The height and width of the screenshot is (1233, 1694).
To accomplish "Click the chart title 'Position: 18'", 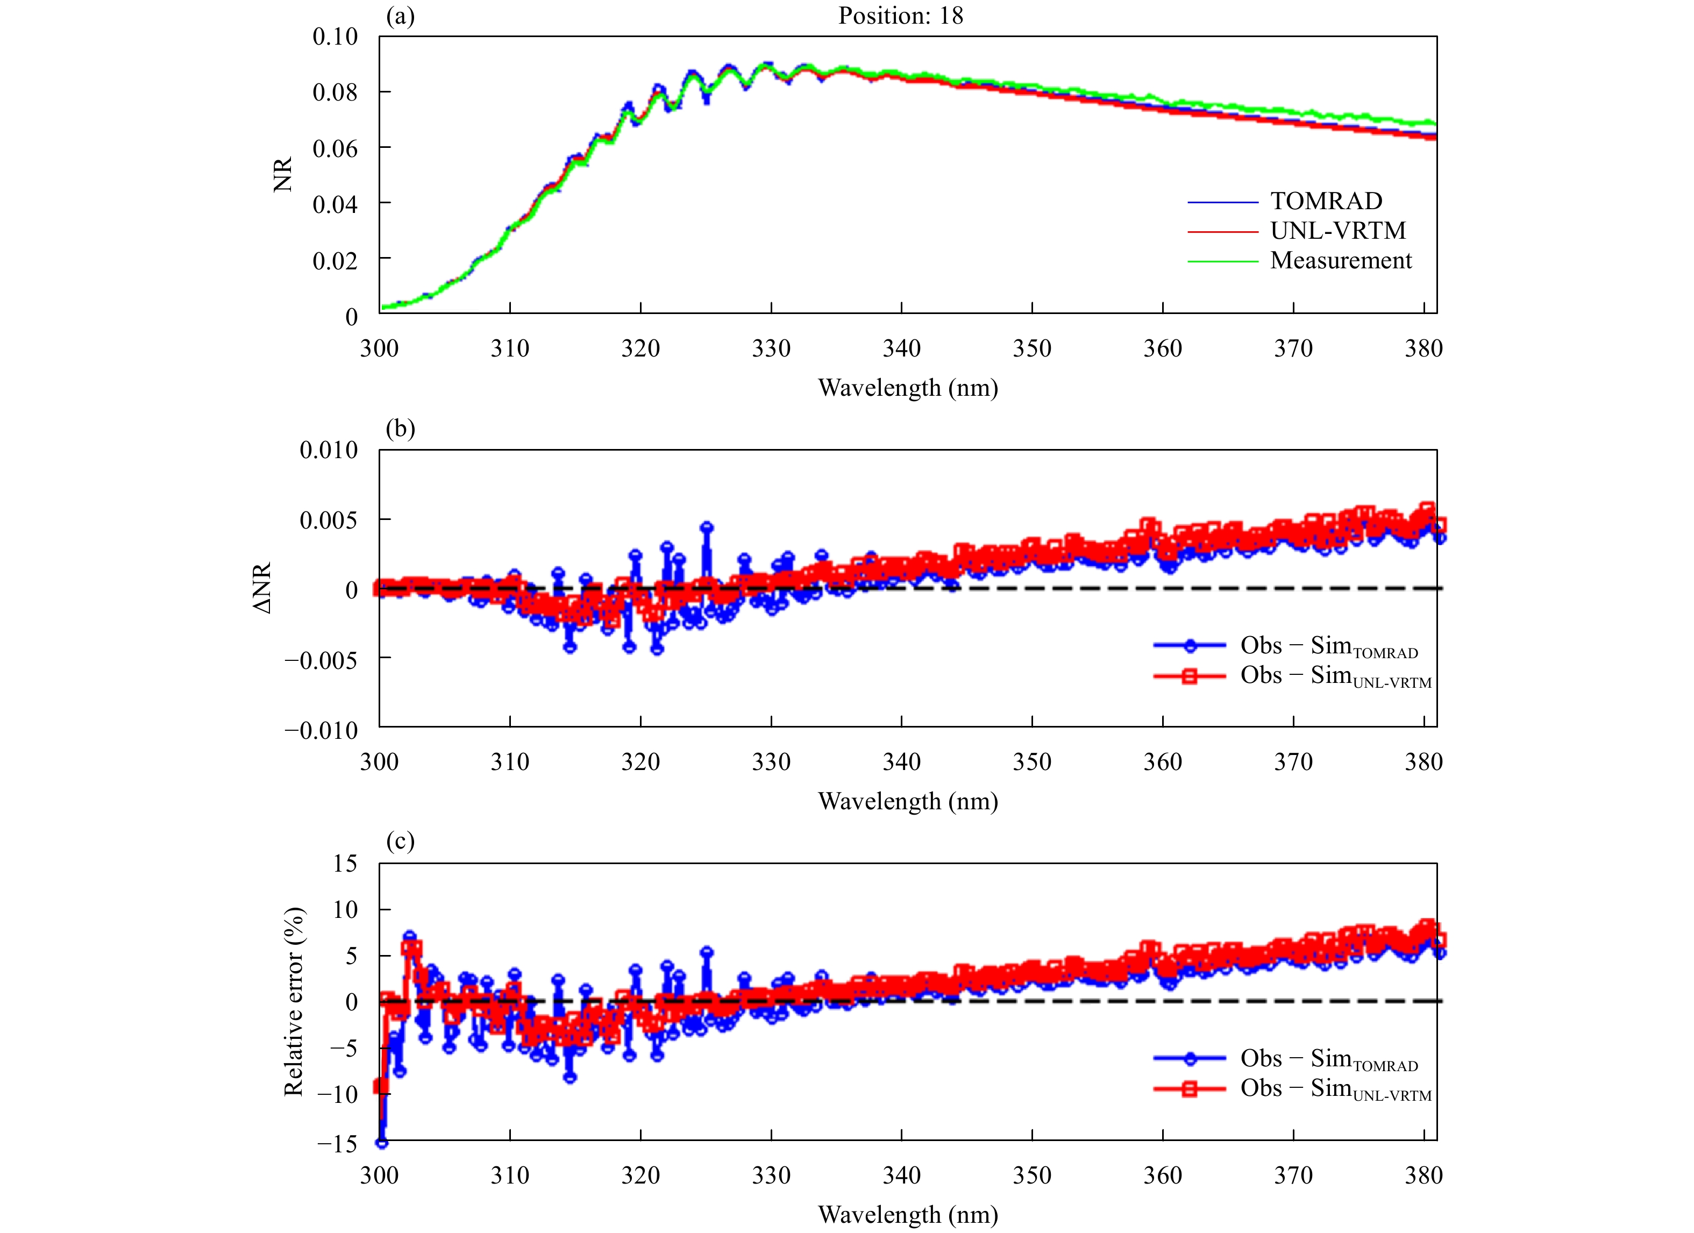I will (x=900, y=16).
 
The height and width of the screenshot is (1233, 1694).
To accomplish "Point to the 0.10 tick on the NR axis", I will (x=334, y=37).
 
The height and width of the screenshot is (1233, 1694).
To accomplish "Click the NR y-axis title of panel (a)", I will (x=283, y=175).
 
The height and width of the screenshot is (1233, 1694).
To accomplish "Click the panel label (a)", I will (x=400, y=16).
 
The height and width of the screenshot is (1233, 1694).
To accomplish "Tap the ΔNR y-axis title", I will (x=263, y=588).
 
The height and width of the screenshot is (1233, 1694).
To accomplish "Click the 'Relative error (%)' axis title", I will (x=294, y=1001).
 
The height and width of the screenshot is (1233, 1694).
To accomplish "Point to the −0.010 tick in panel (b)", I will (x=321, y=730).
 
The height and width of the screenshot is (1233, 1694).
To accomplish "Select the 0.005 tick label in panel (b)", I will (x=329, y=520).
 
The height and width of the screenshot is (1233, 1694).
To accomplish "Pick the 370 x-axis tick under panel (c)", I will (x=1293, y=1175).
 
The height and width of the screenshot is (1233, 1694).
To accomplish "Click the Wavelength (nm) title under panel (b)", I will (x=908, y=801).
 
